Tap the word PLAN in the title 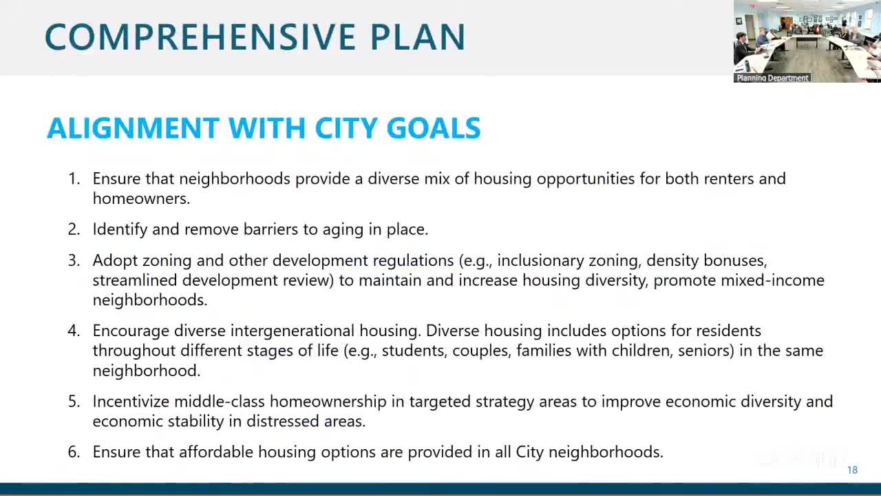(x=418, y=37)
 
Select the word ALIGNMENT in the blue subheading (x=133, y=128)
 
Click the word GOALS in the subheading (x=434, y=128)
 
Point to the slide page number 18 (x=852, y=470)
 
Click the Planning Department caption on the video (x=772, y=78)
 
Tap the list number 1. (x=74, y=178)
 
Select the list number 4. (x=74, y=331)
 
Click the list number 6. (x=74, y=452)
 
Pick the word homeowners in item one (x=141, y=198)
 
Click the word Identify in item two (x=120, y=229)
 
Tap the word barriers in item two (x=270, y=229)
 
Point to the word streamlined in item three (x=135, y=280)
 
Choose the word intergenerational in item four (x=293, y=331)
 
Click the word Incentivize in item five (x=131, y=402)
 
